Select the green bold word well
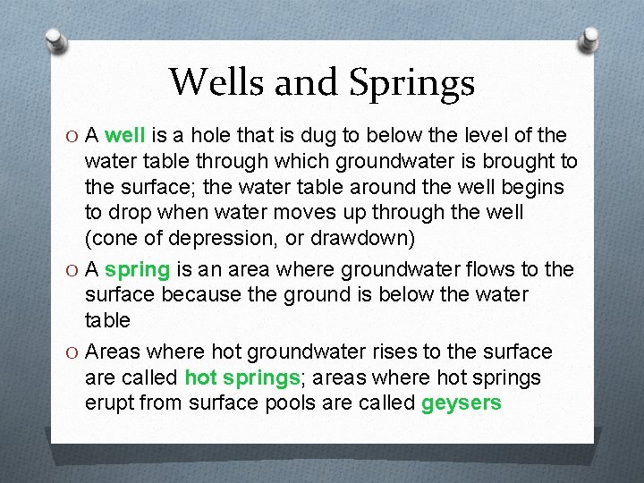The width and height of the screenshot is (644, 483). [125, 136]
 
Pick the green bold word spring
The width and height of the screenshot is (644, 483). [137, 269]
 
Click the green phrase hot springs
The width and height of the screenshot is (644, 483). [241, 377]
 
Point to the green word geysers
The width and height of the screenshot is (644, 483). [461, 403]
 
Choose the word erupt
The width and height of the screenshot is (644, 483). [112, 403]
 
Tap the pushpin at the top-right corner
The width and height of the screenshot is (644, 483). [591, 38]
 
